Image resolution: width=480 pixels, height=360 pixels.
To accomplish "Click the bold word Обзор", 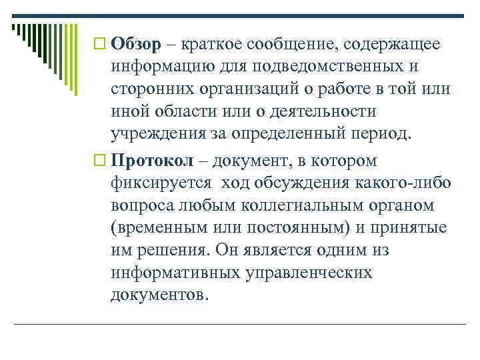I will click(x=136, y=44).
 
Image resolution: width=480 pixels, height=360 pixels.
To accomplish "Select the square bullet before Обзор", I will click(x=101, y=45).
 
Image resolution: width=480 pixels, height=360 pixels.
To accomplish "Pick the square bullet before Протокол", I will click(x=101, y=161).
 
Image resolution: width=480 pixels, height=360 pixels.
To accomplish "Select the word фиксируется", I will click(x=161, y=184).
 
